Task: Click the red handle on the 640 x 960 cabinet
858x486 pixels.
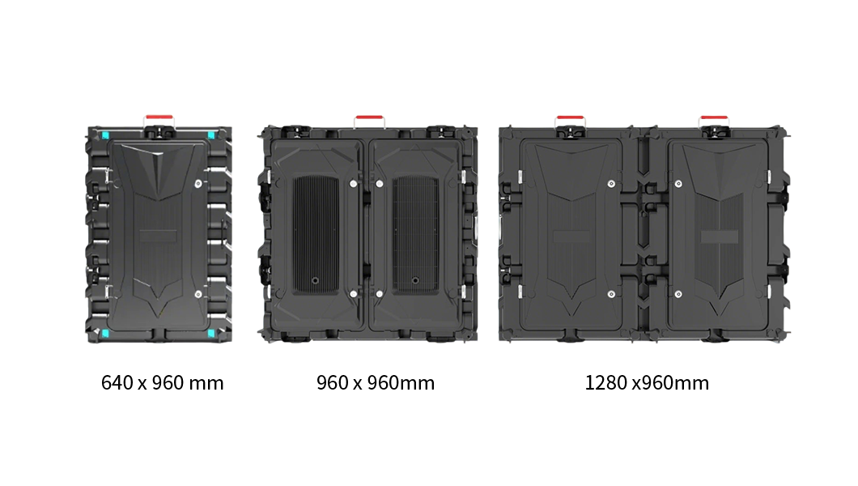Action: click(159, 117)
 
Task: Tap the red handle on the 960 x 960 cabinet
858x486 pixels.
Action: click(369, 118)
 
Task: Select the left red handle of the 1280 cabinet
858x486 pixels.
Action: click(570, 118)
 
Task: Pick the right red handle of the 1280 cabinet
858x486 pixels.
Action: click(714, 118)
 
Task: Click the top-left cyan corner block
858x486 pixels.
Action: click(105, 135)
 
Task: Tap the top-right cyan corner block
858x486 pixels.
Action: click(211, 135)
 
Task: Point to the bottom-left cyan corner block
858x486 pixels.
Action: click(105, 333)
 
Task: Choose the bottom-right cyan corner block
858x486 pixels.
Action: click(211, 333)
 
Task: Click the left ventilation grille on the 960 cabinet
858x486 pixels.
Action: click(316, 234)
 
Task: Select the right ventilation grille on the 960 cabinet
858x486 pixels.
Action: click(415, 234)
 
